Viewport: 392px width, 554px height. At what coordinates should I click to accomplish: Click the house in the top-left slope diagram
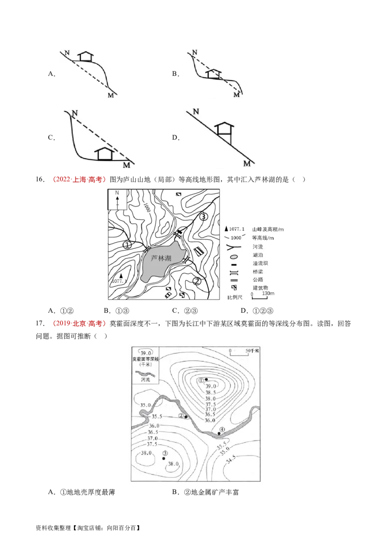(86, 56)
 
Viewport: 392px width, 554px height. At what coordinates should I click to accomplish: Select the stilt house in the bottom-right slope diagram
(225, 128)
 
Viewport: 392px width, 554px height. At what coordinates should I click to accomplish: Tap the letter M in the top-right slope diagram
(237, 94)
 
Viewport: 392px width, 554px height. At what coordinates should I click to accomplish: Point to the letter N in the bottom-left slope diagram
(74, 114)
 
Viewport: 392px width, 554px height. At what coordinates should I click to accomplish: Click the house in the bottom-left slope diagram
(104, 153)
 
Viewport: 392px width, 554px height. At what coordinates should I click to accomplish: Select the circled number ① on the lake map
(127, 245)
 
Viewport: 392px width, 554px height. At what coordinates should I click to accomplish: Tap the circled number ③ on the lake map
(204, 216)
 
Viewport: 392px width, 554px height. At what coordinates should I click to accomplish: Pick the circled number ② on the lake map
(197, 281)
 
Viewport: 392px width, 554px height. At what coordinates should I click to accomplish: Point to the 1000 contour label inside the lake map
(147, 208)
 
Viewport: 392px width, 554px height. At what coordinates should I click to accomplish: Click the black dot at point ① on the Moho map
(206, 379)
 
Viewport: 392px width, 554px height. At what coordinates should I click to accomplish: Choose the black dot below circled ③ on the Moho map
(164, 459)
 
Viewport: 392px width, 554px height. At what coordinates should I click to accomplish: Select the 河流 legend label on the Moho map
(145, 379)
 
